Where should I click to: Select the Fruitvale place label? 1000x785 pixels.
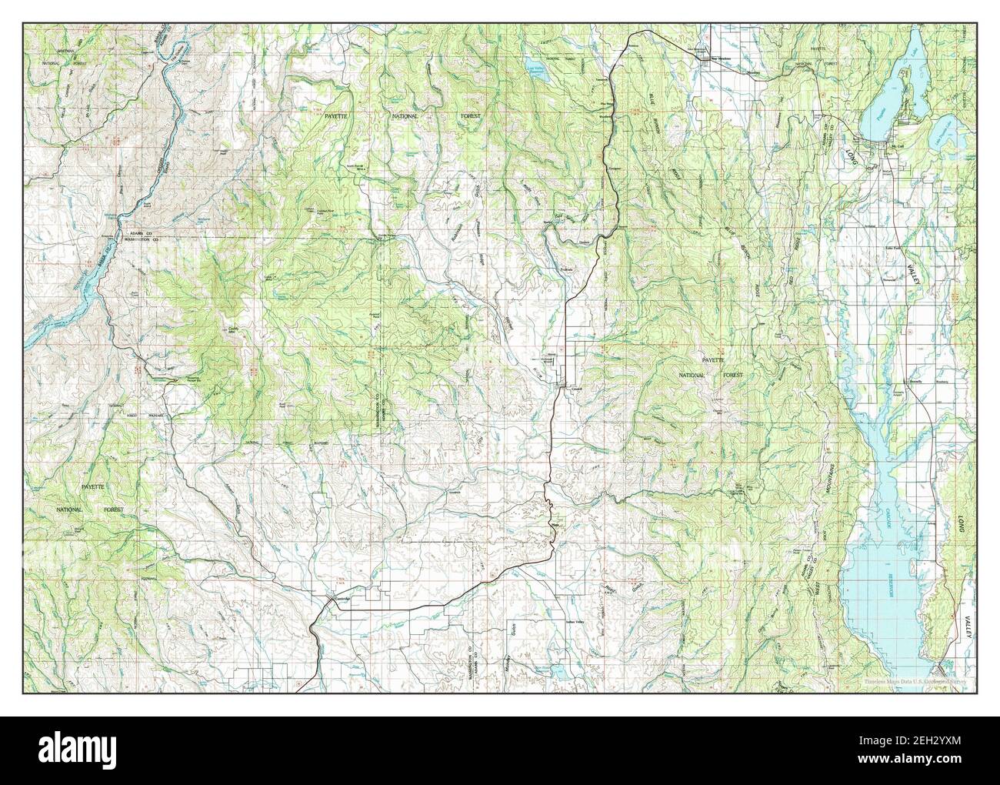point(567,269)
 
